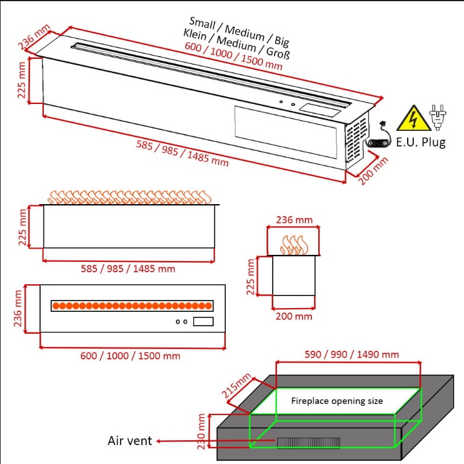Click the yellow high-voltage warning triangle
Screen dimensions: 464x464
[x=413, y=119]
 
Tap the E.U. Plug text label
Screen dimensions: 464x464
[x=421, y=143]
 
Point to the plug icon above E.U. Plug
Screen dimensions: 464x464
[x=438, y=117]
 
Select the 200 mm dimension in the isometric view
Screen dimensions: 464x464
[x=373, y=171]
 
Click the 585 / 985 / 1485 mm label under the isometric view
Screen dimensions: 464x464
[x=183, y=153]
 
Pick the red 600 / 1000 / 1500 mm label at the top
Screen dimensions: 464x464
[x=233, y=56]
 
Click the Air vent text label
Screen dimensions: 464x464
[x=129, y=441]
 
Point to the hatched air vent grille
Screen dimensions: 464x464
[x=308, y=443]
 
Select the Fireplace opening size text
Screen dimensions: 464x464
[x=337, y=401]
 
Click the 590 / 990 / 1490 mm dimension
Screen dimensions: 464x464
[x=351, y=354]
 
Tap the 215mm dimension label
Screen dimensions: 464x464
[x=236, y=385]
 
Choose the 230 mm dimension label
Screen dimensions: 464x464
[x=201, y=431]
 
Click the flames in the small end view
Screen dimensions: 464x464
[x=294, y=245]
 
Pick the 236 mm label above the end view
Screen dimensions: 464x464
[x=294, y=220]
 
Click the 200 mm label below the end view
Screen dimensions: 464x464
[x=294, y=316]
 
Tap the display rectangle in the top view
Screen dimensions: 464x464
[x=203, y=321]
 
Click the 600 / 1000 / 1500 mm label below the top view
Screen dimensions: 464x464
[x=130, y=356]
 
